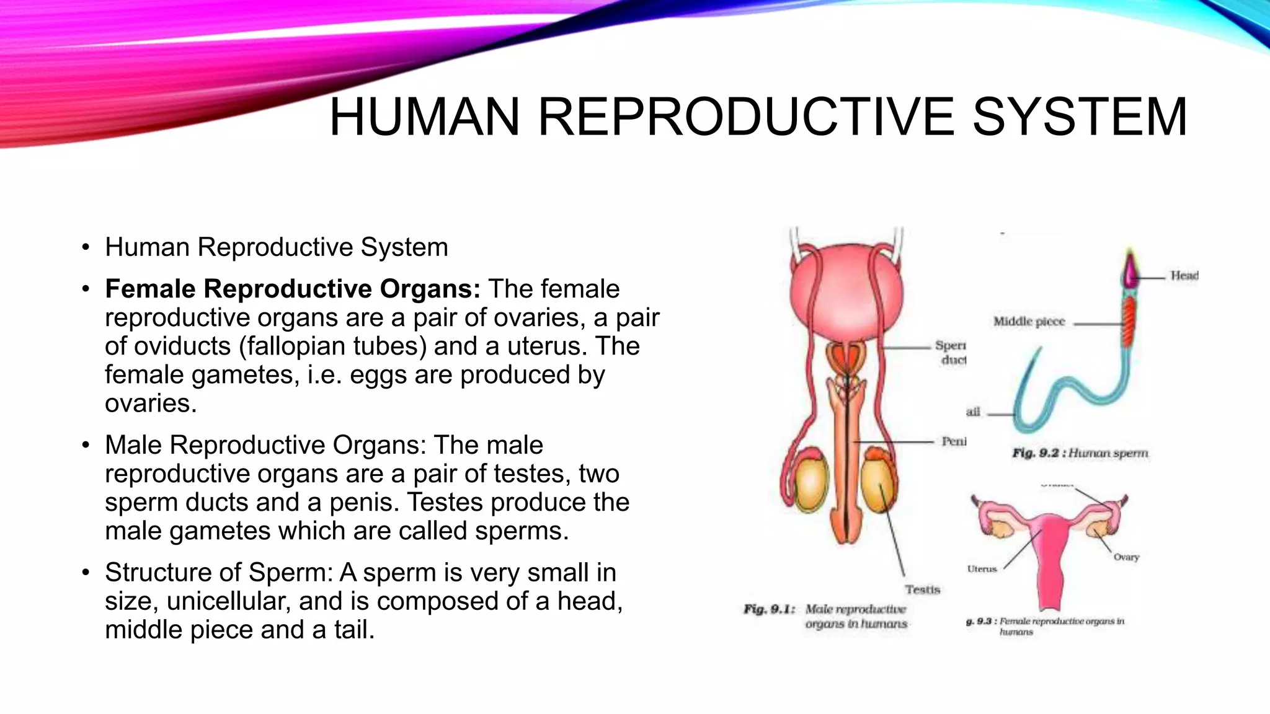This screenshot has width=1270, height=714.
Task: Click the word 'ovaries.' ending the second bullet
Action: (151, 403)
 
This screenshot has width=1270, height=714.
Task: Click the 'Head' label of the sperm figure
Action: (1184, 275)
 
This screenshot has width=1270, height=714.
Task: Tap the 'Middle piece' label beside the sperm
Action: (1029, 322)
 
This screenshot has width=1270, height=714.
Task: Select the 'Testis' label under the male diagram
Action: (922, 589)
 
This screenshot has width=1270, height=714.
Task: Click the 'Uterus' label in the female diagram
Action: (982, 569)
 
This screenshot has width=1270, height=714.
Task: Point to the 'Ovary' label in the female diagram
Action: (1126, 557)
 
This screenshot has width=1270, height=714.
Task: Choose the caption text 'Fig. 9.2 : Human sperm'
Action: (1080, 454)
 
